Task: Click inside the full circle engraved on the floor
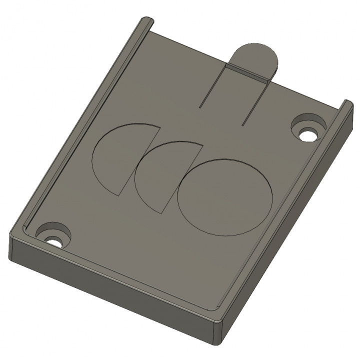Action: (224, 196)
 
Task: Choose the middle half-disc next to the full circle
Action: (163, 172)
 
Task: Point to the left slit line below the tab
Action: (212, 87)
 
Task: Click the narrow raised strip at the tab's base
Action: (248, 71)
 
